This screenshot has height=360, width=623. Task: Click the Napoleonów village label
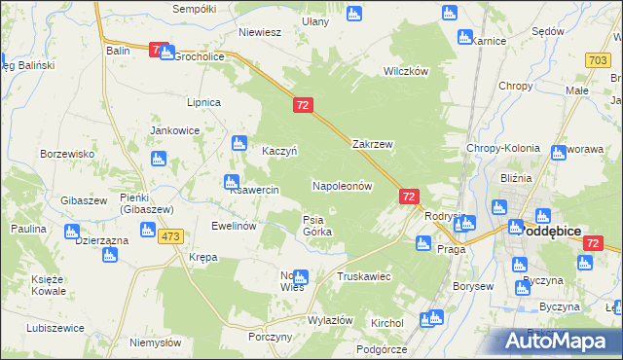[343, 185]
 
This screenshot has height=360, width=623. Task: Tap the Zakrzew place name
[372, 144]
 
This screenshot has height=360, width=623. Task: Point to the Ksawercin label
[255, 190]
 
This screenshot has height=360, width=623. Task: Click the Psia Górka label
[317, 226]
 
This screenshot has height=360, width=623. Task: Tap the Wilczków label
[406, 71]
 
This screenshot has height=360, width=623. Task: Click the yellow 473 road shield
[171, 237]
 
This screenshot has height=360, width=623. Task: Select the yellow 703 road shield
[599, 60]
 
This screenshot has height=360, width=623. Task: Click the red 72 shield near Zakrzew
[304, 104]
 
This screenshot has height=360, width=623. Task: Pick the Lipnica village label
[204, 102]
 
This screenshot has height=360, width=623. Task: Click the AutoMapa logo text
[566, 342]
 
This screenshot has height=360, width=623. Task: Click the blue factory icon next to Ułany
[353, 15]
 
